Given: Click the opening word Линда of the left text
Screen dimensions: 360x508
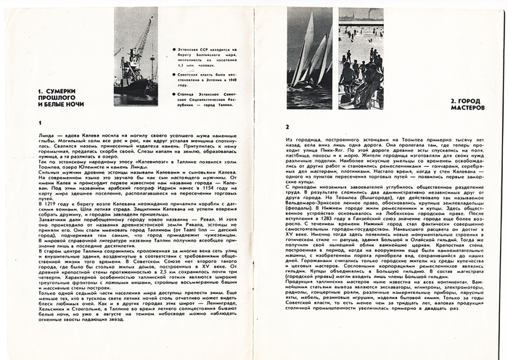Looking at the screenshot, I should click(x=43, y=136).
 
